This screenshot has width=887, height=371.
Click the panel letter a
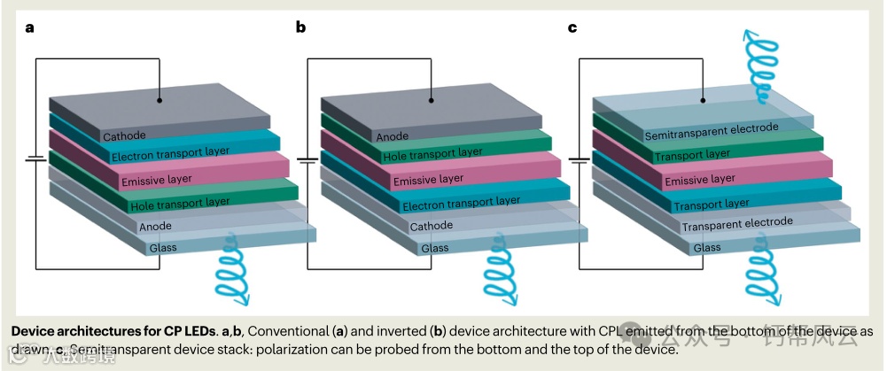tap(30, 27)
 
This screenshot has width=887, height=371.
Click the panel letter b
tap(301, 27)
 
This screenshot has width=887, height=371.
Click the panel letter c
tap(572, 27)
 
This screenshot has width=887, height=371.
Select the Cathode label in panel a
tap(125, 135)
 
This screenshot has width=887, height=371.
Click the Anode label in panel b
tap(393, 136)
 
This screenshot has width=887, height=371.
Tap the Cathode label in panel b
tap(432, 226)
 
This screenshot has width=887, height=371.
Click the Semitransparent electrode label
tap(711, 132)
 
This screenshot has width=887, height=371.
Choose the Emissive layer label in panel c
tap(700, 180)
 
